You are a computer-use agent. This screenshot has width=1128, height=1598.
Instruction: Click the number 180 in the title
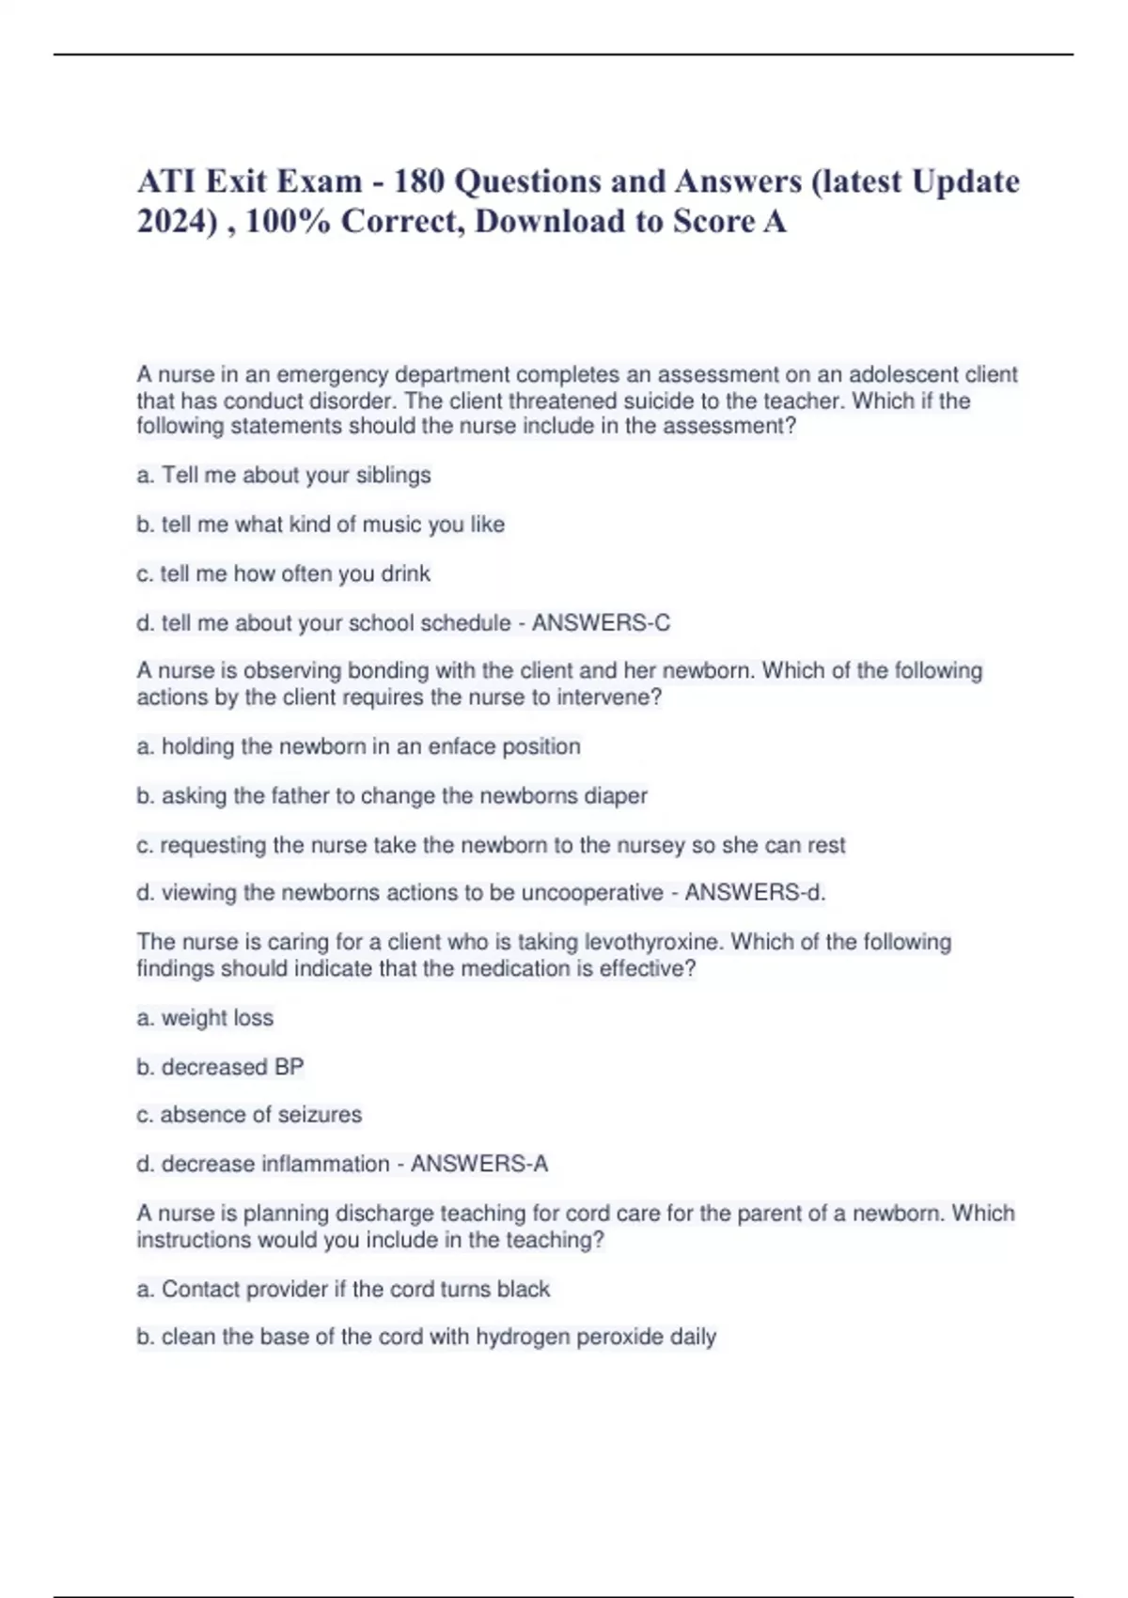click(418, 180)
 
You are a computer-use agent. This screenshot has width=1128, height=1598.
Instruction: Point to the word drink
click(405, 573)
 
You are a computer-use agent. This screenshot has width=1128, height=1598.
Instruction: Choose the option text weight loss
click(217, 1017)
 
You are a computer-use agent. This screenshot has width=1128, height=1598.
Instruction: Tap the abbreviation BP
click(289, 1067)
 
